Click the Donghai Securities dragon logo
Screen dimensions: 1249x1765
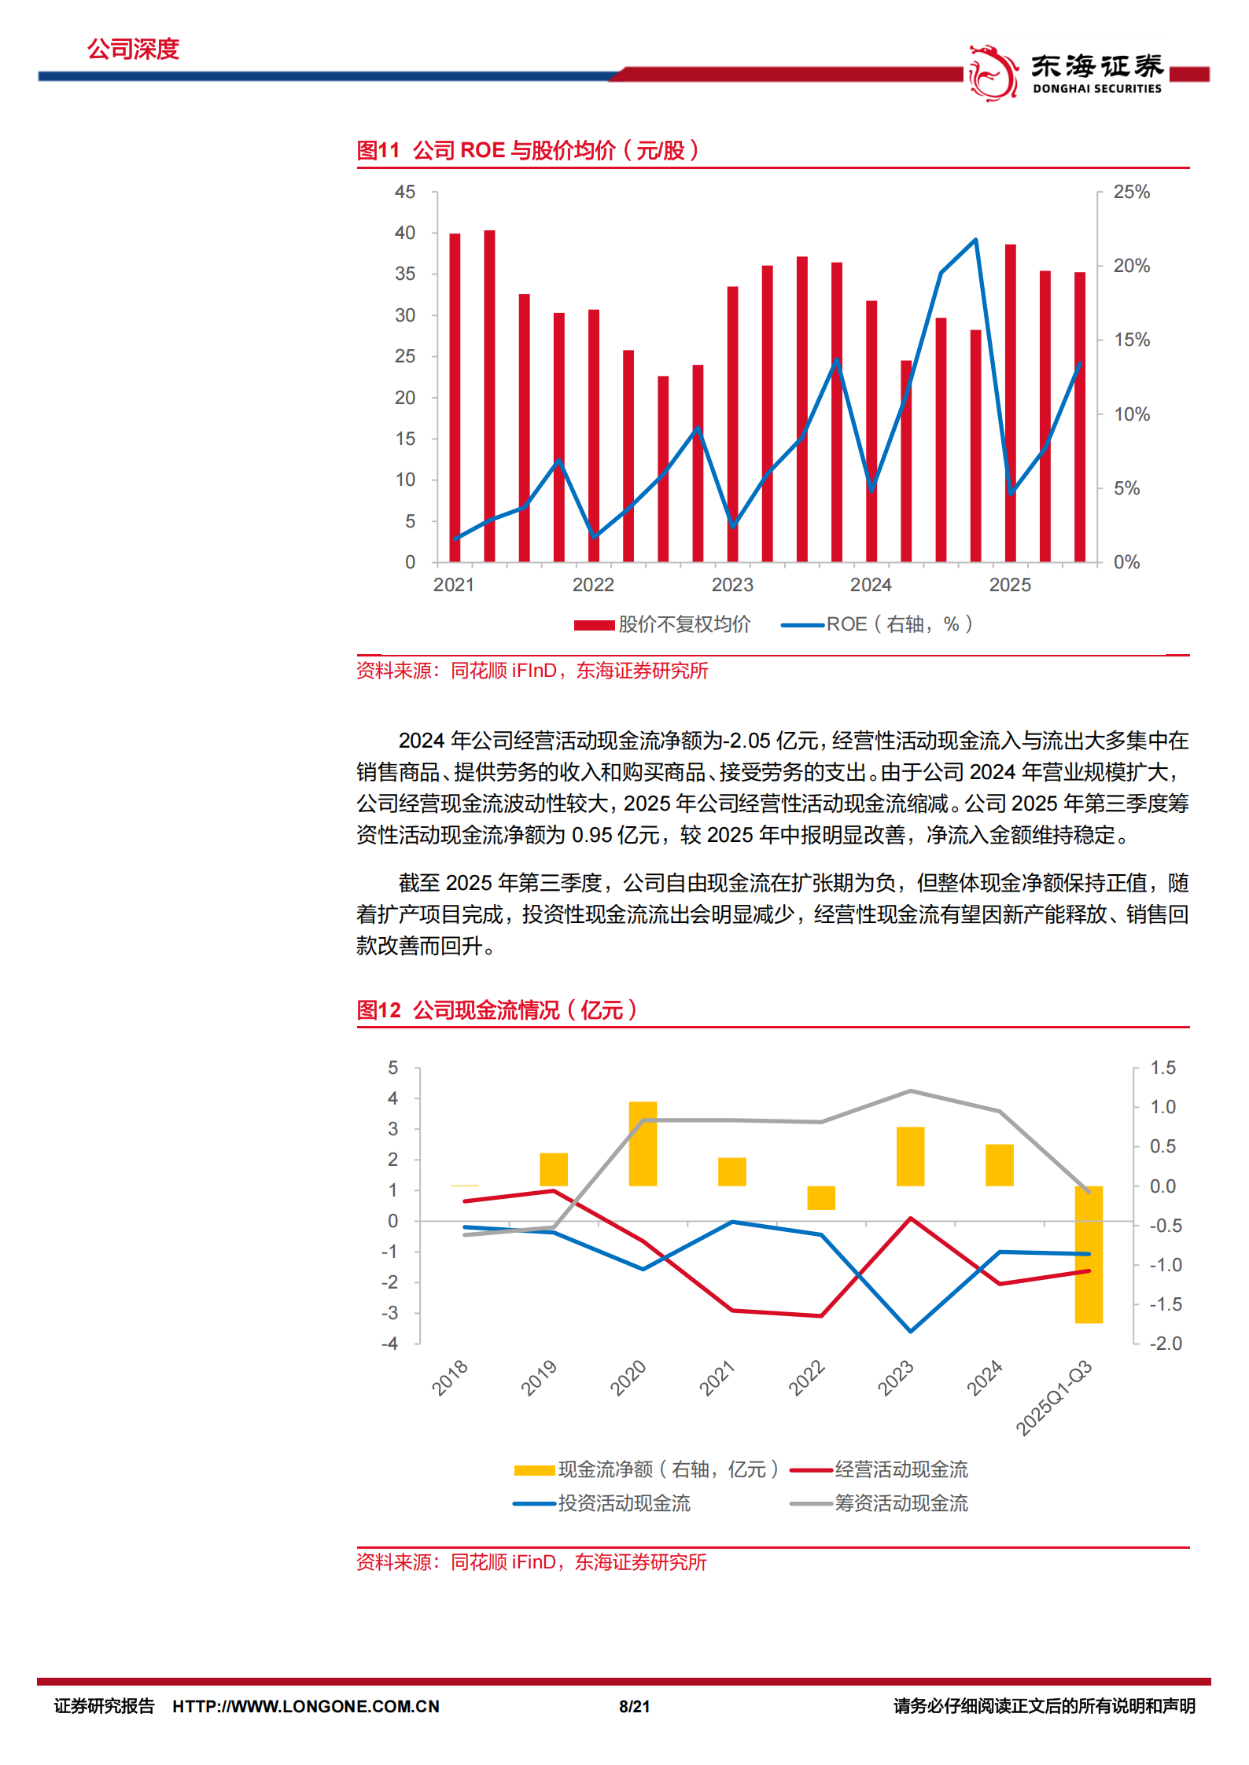click(x=993, y=73)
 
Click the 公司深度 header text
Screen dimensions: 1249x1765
click(x=133, y=50)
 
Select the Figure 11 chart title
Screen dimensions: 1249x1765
click(x=527, y=150)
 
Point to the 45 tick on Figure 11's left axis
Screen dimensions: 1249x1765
click(x=405, y=193)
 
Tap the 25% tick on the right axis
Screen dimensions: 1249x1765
click(x=1131, y=193)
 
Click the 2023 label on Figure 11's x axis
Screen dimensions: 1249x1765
click(x=731, y=585)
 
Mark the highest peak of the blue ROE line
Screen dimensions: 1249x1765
click(x=975, y=240)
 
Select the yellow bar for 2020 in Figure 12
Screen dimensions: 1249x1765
click(x=643, y=1143)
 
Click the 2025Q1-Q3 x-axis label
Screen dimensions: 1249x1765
click(x=1054, y=1397)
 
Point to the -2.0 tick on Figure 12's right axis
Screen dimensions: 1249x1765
click(x=1165, y=1344)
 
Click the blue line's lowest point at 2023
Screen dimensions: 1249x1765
click(x=911, y=1331)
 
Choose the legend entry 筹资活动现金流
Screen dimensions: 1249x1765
click(x=901, y=1503)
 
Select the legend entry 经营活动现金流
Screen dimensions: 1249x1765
click(x=901, y=1469)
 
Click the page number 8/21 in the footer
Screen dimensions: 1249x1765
click(x=634, y=1706)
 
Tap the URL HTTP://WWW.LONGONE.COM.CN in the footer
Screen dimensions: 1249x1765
click(x=306, y=1706)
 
